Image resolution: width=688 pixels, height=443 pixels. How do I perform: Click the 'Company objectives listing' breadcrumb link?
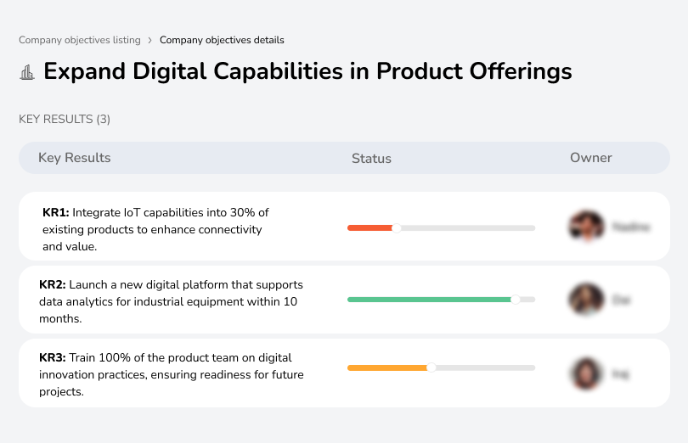click(x=79, y=40)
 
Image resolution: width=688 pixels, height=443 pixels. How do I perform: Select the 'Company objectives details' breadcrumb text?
click(x=222, y=40)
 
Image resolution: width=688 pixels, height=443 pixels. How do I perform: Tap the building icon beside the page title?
click(x=27, y=72)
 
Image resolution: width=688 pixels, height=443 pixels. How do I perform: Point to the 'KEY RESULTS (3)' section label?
click(x=65, y=120)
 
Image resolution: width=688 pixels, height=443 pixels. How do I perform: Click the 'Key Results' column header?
click(x=75, y=158)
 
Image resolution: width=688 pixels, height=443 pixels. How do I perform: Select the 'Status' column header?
click(x=371, y=159)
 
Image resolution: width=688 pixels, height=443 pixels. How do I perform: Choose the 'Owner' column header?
click(x=591, y=158)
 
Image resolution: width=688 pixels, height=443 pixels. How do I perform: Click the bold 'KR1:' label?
click(x=56, y=213)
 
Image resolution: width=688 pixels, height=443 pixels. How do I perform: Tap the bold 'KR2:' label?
click(x=53, y=285)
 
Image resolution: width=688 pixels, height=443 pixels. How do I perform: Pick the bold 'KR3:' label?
click(x=53, y=358)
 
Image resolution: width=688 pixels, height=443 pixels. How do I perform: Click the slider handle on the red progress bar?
click(x=396, y=227)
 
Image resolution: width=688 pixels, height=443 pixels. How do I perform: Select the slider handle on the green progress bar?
click(x=516, y=300)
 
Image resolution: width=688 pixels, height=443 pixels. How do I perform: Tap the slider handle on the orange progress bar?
click(x=431, y=367)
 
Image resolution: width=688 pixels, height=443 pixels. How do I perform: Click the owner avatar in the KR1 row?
click(x=586, y=227)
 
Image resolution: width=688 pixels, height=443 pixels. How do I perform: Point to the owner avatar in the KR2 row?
click(x=586, y=300)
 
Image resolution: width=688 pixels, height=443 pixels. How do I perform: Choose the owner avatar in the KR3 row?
click(x=586, y=373)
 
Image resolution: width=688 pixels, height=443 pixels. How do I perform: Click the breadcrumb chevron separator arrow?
click(x=149, y=40)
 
